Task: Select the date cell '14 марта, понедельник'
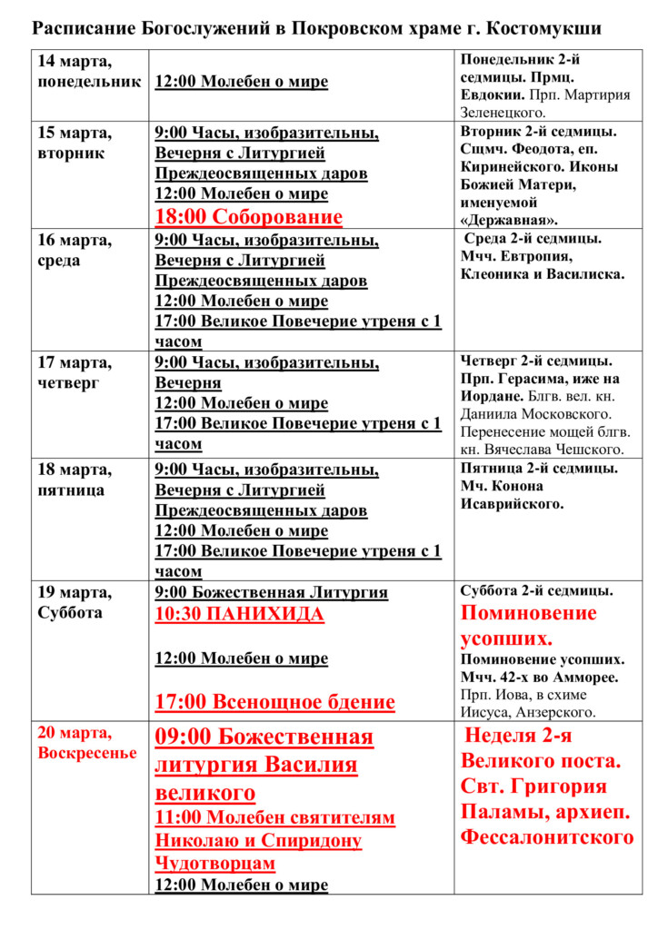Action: [88, 72]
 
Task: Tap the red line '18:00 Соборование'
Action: [248, 217]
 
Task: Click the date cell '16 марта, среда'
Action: [75, 251]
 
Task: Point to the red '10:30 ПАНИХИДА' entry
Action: [239, 615]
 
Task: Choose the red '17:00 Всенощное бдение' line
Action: [274, 702]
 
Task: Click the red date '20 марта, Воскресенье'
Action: [87, 743]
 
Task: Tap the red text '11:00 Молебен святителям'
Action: [274, 817]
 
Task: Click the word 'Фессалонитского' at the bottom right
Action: [546, 836]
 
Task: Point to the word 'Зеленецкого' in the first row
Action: [503, 113]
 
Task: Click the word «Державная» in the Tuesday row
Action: [510, 220]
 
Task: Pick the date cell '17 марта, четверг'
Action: [75, 372]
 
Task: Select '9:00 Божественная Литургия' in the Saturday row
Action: [271, 593]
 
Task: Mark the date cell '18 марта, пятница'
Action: [75, 480]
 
